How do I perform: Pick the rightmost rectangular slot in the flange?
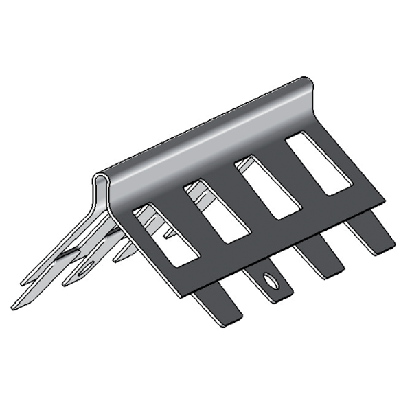coord(318,163)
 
